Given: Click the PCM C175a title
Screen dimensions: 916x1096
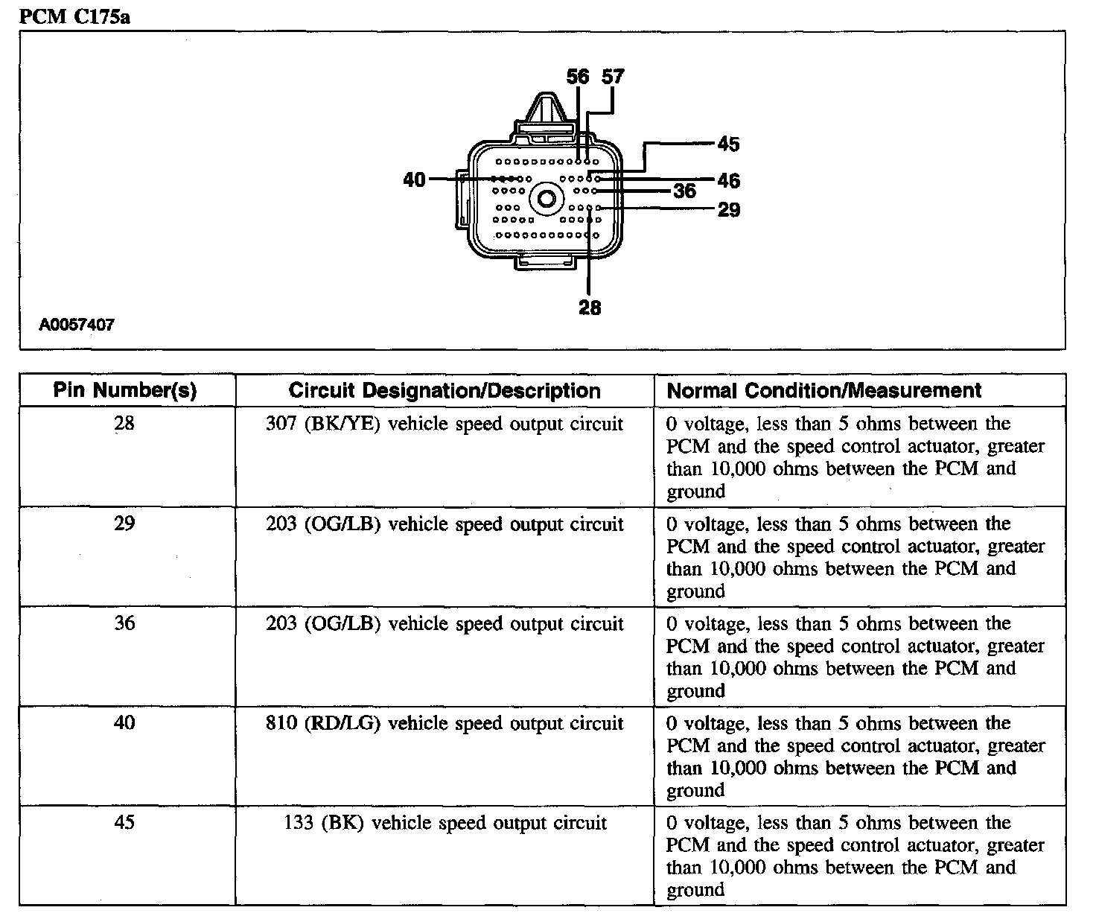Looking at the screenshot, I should [x=74, y=16].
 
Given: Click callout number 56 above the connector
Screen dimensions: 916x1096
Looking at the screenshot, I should [x=578, y=77].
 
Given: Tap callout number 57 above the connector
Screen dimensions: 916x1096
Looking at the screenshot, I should [x=613, y=77].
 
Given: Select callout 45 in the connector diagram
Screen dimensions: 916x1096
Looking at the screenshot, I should [x=728, y=144].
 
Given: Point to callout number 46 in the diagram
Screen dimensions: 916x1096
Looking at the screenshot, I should [x=729, y=180].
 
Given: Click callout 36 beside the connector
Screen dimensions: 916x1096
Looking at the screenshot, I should [x=684, y=191].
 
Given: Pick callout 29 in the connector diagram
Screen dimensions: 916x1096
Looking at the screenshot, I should [x=729, y=210].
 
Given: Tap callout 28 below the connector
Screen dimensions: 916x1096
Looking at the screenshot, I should [x=589, y=308].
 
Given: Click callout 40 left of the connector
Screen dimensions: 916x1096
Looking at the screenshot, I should [x=414, y=179].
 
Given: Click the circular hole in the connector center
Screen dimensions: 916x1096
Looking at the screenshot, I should [x=547, y=199].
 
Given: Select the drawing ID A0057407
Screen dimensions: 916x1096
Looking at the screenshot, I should [x=77, y=325].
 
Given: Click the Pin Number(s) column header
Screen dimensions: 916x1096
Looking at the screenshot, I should [x=125, y=390].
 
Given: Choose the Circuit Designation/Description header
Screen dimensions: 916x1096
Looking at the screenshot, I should [x=445, y=390].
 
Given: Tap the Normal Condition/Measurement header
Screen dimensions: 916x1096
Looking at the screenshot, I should [x=824, y=390].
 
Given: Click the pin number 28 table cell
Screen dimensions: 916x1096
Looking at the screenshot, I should [x=125, y=424].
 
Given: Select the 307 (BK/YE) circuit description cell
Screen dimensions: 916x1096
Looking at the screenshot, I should [x=445, y=424].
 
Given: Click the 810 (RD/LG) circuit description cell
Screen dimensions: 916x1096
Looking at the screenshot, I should [x=445, y=723].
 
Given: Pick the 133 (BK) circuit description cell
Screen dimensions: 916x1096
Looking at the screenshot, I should [x=445, y=823].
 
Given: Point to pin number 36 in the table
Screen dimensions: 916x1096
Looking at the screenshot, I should [x=125, y=623].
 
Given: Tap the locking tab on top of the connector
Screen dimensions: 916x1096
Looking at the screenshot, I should [x=542, y=112].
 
